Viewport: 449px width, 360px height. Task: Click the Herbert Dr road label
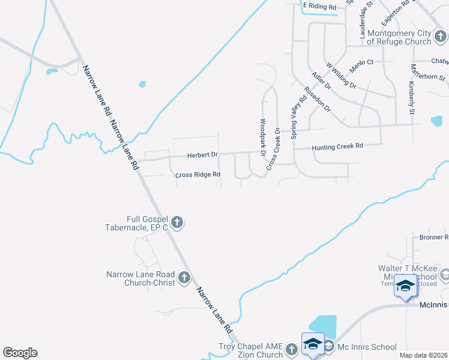[202, 155]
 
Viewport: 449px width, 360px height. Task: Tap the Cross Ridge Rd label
[198, 175]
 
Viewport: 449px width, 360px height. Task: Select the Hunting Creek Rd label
[337, 146]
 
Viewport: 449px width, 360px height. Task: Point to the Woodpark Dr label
[262, 138]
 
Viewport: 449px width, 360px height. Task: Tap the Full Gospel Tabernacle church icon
[177, 223]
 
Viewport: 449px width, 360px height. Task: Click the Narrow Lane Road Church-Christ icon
[184, 278]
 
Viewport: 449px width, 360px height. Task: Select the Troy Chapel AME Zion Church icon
[292, 349]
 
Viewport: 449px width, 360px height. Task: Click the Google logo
[20, 353]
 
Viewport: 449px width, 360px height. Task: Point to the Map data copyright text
[423, 355]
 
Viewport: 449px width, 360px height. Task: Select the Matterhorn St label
[428, 77]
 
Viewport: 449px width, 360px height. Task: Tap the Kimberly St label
[412, 98]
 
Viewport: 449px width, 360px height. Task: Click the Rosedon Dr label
[318, 99]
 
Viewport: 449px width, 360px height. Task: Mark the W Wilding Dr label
[340, 73]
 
